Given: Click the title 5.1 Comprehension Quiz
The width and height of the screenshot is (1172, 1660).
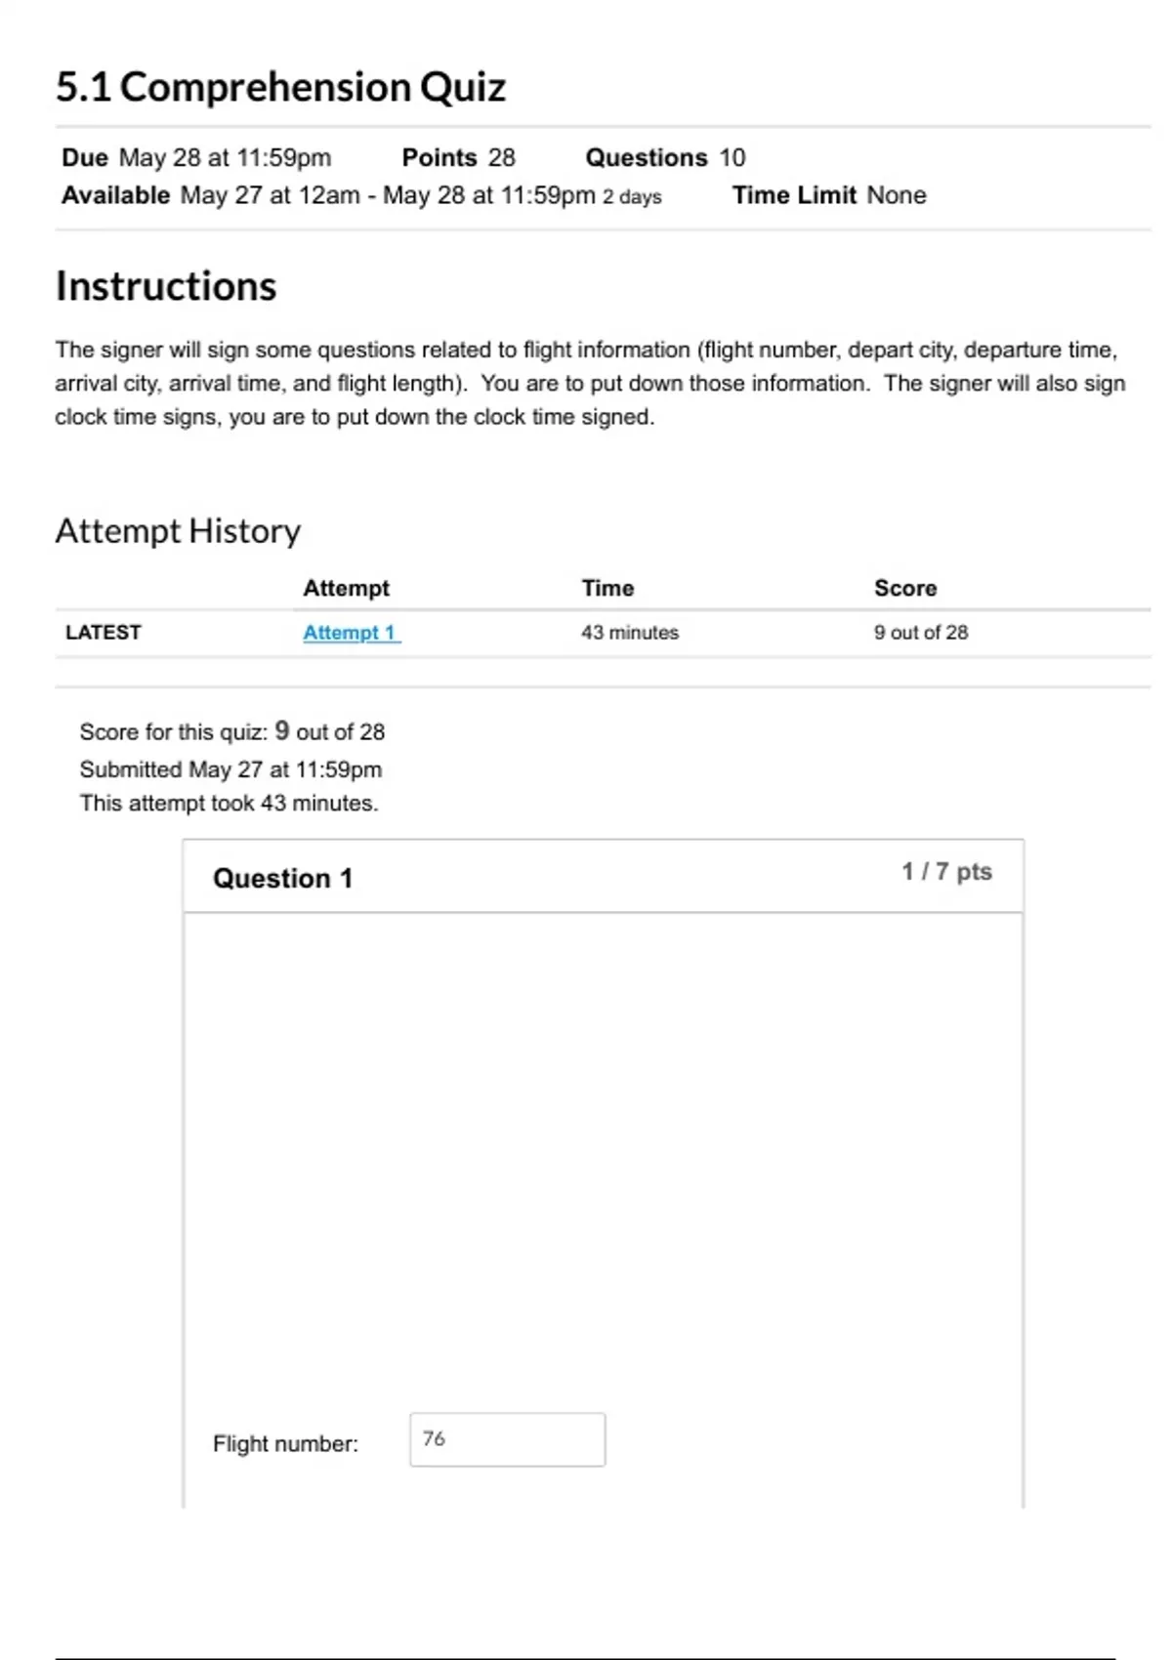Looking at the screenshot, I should click(x=280, y=87).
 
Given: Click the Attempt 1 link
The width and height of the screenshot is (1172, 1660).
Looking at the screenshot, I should click(x=350, y=633).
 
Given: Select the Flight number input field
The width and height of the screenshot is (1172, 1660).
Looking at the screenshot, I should click(x=507, y=1439).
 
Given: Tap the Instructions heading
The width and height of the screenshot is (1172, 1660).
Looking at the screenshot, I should click(x=166, y=286).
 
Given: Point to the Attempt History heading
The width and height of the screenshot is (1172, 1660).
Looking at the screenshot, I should click(x=178, y=531).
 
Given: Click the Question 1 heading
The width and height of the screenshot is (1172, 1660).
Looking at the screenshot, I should click(x=282, y=878).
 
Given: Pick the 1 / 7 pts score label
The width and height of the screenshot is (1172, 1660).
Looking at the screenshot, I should click(x=945, y=871).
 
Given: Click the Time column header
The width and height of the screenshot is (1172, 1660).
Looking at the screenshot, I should click(x=607, y=588).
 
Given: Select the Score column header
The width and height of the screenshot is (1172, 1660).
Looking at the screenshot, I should click(x=904, y=588).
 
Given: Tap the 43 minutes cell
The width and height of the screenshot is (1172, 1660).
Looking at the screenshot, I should click(x=629, y=633).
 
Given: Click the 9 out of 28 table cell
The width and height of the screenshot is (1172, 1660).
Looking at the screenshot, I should click(x=920, y=633).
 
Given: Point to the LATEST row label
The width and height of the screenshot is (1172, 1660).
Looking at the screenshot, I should click(x=103, y=633).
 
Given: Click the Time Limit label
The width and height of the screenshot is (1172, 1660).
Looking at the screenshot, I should click(x=793, y=195).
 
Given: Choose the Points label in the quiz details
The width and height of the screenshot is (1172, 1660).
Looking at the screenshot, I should click(x=439, y=157).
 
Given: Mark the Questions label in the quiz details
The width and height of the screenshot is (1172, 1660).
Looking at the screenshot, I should click(x=646, y=157).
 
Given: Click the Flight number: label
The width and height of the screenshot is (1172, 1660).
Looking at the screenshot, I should click(x=285, y=1443).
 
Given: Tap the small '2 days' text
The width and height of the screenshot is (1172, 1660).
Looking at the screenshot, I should click(x=632, y=197).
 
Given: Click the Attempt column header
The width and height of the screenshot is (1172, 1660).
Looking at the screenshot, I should click(x=346, y=588).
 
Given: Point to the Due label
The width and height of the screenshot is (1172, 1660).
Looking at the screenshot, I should click(x=84, y=157).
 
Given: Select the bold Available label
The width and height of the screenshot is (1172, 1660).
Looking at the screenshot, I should click(x=115, y=195).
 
